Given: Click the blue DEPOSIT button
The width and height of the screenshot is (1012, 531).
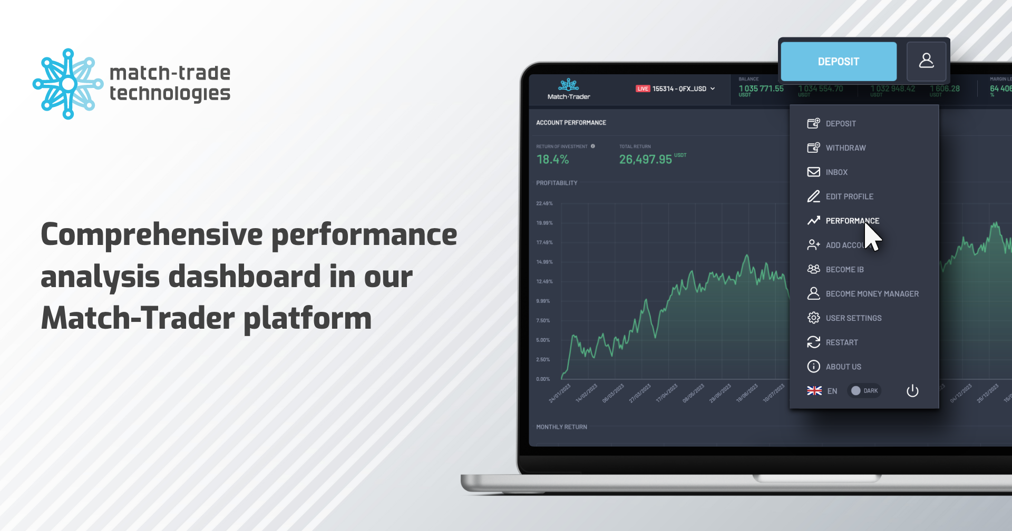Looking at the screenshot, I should (838, 62).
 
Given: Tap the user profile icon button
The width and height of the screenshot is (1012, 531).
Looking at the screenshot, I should (926, 61).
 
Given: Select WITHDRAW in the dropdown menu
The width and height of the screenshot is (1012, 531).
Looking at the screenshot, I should (845, 148).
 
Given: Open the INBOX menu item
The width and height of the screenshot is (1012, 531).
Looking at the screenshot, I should (836, 172).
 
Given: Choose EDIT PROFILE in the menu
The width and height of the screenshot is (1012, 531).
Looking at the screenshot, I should (849, 196).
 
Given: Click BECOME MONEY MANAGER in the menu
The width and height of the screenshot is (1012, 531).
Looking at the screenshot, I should (872, 294).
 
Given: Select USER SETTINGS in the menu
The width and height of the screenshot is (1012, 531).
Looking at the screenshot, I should (853, 318).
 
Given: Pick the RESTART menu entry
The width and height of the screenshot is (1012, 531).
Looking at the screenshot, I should (842, 342).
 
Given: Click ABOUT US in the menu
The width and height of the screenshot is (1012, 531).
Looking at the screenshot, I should (843, 367).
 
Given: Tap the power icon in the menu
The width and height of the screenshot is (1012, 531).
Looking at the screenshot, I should (912, 391).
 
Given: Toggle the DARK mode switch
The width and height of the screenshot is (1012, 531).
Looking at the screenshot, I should (863, 391).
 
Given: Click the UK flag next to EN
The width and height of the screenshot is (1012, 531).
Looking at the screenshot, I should (814, 391).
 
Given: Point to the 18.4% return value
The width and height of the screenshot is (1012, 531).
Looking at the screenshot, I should (552, 160).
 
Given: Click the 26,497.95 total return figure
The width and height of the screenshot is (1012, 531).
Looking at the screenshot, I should (645, 160).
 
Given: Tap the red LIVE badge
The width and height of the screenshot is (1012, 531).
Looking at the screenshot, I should (643, 89).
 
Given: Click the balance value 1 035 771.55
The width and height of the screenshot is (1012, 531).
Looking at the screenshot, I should (761, 88).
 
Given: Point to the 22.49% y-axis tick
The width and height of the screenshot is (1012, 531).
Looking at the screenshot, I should (544, 203).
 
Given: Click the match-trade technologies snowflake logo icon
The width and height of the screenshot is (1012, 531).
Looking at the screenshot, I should (68, 84).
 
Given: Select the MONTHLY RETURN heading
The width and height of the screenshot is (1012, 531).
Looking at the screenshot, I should (561, 427).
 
